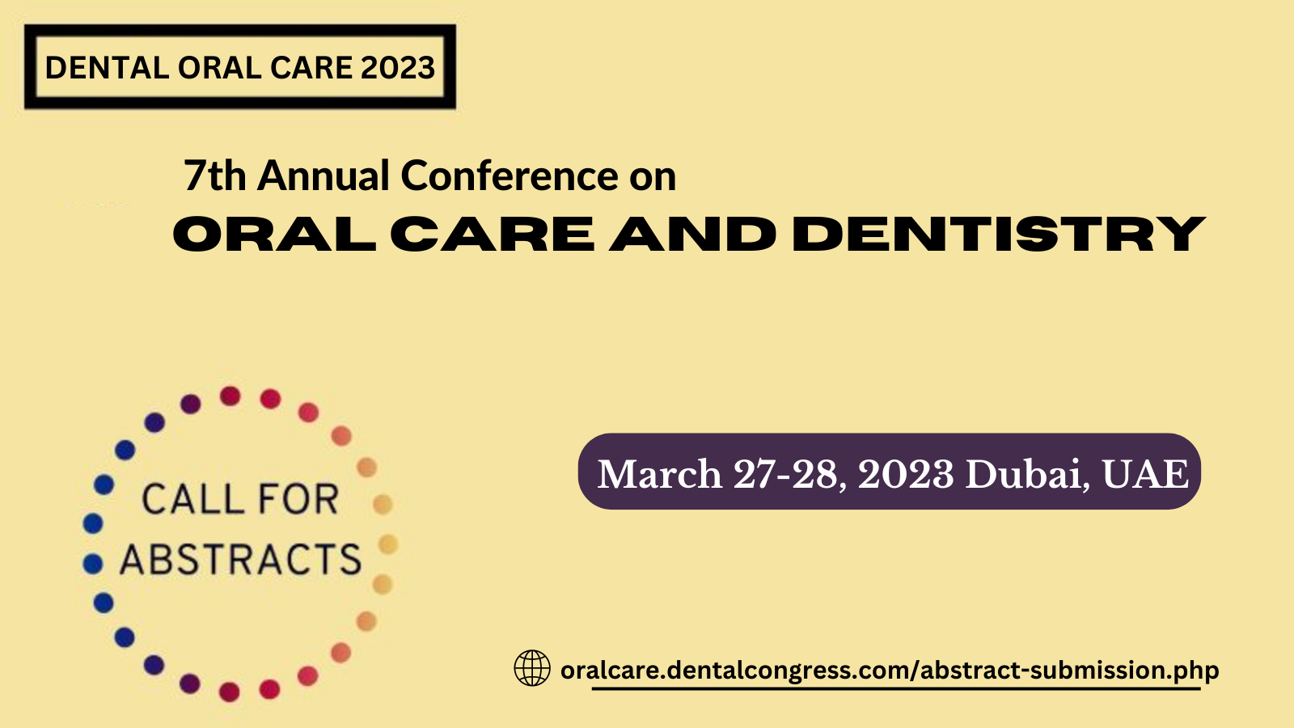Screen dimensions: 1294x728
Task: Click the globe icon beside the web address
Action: [532, 668]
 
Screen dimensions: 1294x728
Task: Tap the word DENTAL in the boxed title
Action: [107, 68]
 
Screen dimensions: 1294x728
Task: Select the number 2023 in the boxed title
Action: [397, 68]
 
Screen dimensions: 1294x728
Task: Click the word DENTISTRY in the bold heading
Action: [999, 234]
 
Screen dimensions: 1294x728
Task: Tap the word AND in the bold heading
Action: [692, 234]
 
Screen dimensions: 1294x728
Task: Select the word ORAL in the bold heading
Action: [274, 234]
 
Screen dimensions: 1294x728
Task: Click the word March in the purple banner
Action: [660, 474]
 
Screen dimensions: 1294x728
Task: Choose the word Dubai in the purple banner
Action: [1028, 474]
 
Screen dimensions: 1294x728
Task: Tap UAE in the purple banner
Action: [1145, 474]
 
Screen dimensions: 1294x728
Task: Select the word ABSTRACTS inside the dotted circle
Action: [241, 559]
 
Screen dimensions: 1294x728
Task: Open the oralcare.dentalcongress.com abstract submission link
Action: [890, 671]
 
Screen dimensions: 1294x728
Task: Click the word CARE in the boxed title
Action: [311, 68]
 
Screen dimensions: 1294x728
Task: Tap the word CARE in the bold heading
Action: [493, 234]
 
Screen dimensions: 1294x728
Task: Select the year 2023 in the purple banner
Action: [906, 474]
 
